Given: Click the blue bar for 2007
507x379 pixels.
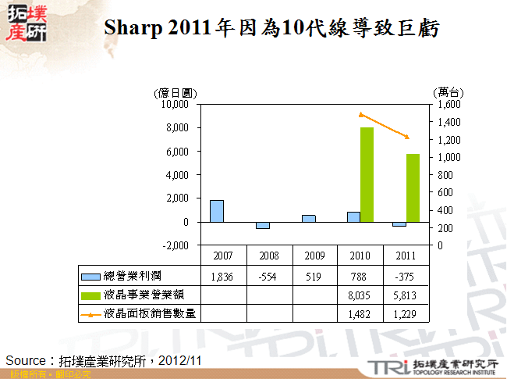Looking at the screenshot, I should click(x=217, y=211).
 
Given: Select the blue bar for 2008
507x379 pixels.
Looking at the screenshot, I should click(x=263, y=225).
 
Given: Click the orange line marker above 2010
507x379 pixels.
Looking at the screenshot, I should click(x=361, y=114).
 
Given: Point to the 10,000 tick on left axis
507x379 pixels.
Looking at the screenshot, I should click(x=175, y=104).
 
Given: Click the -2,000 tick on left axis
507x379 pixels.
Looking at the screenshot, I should click(x=176, y=245).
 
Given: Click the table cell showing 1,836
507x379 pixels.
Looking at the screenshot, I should click(x=223, y=275).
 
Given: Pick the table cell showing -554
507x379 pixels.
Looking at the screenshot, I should click(x=269, y=275).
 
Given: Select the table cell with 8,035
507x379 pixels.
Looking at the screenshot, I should click(x=361, y=295).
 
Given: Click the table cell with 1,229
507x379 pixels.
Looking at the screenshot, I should click(x=406, y=313).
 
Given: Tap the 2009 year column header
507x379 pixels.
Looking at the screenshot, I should click(x=315, y=256).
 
